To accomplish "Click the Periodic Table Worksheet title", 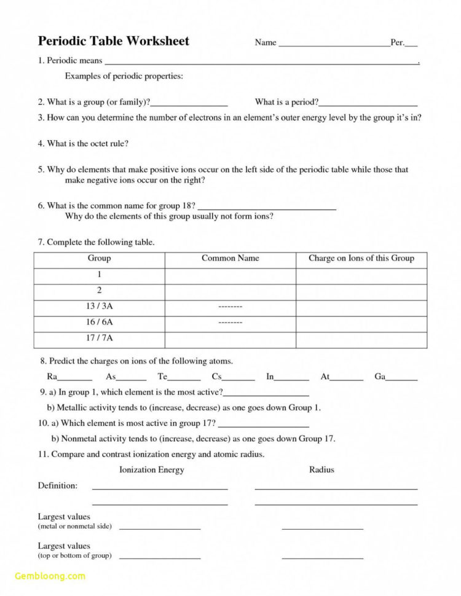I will pyautogui.click(x=114, y=41).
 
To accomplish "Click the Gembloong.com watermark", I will pyautogui.click(x=50, y=576).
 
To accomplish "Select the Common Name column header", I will pyautogui.click(x=230, y=259).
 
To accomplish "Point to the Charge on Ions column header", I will pyautogui.click(x=361, y=259).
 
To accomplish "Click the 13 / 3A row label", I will pyautogui.click(x=99, y=307).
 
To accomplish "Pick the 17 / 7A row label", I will pyautogui.click(x=99, y=338).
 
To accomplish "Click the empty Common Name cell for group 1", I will pyautogui.click(x=230, y=275).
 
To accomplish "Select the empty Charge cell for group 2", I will pyautogui.click(x=361, y=291).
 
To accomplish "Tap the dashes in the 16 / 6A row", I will pyautogui.click(x=230, y=323).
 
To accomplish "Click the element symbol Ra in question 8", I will pyautogui.click(x=52, y=377).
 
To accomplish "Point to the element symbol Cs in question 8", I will pyautogui.click(x=216, y=377).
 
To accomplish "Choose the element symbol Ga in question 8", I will pyautogui.click(x=379, y=377).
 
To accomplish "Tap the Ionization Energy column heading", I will pyautogui.click(x=151, y=470).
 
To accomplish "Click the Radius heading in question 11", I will pyautogui.click(x=321, y=470).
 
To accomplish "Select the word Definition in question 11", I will pyautogui.click(x=58, y=485).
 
